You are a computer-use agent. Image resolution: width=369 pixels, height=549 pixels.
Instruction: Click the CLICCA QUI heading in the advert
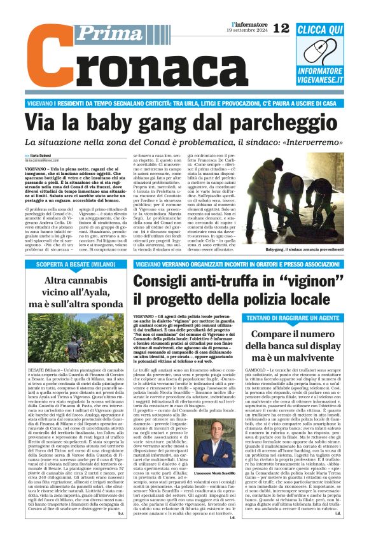coord(319,29)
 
